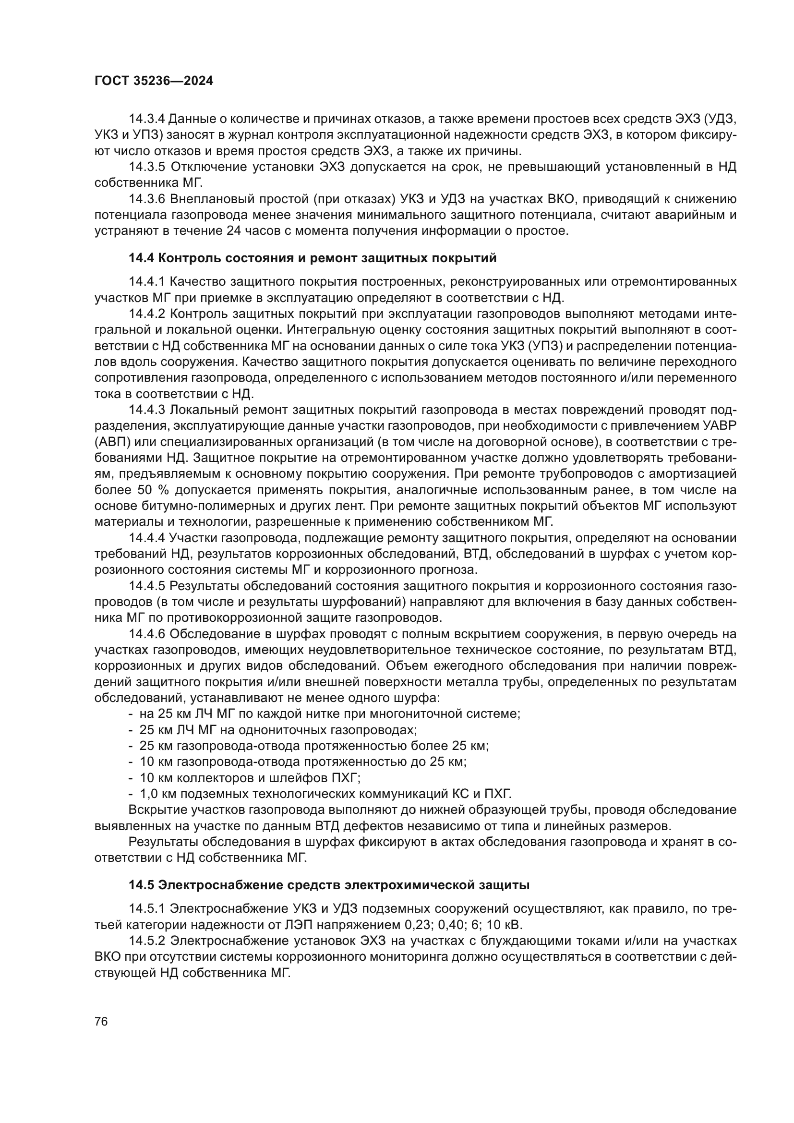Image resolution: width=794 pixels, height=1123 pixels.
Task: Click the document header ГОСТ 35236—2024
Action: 154,81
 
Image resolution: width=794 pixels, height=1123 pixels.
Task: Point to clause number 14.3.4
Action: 147,119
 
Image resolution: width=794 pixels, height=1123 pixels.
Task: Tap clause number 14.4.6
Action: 147,634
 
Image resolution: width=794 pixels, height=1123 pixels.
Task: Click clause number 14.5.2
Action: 147,941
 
